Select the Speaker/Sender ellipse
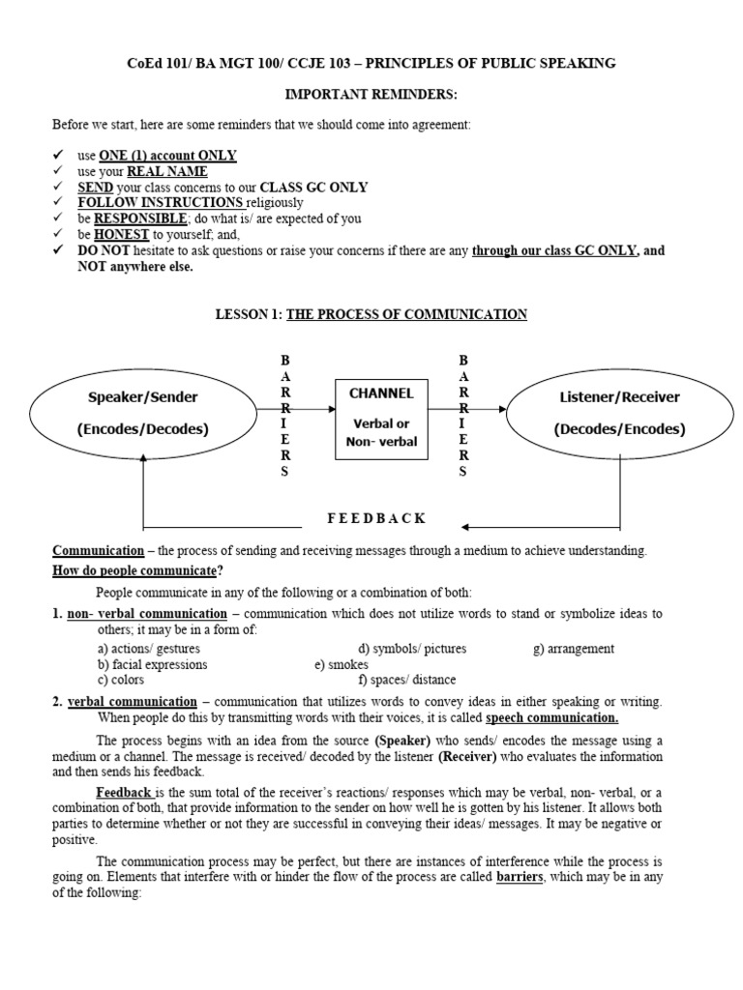tap(142, 413)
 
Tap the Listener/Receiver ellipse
tap(619, 413)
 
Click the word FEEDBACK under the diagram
tap(376, 518)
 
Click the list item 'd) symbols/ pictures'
tap(411, 649)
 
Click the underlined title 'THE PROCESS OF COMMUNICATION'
tap(406, 314)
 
